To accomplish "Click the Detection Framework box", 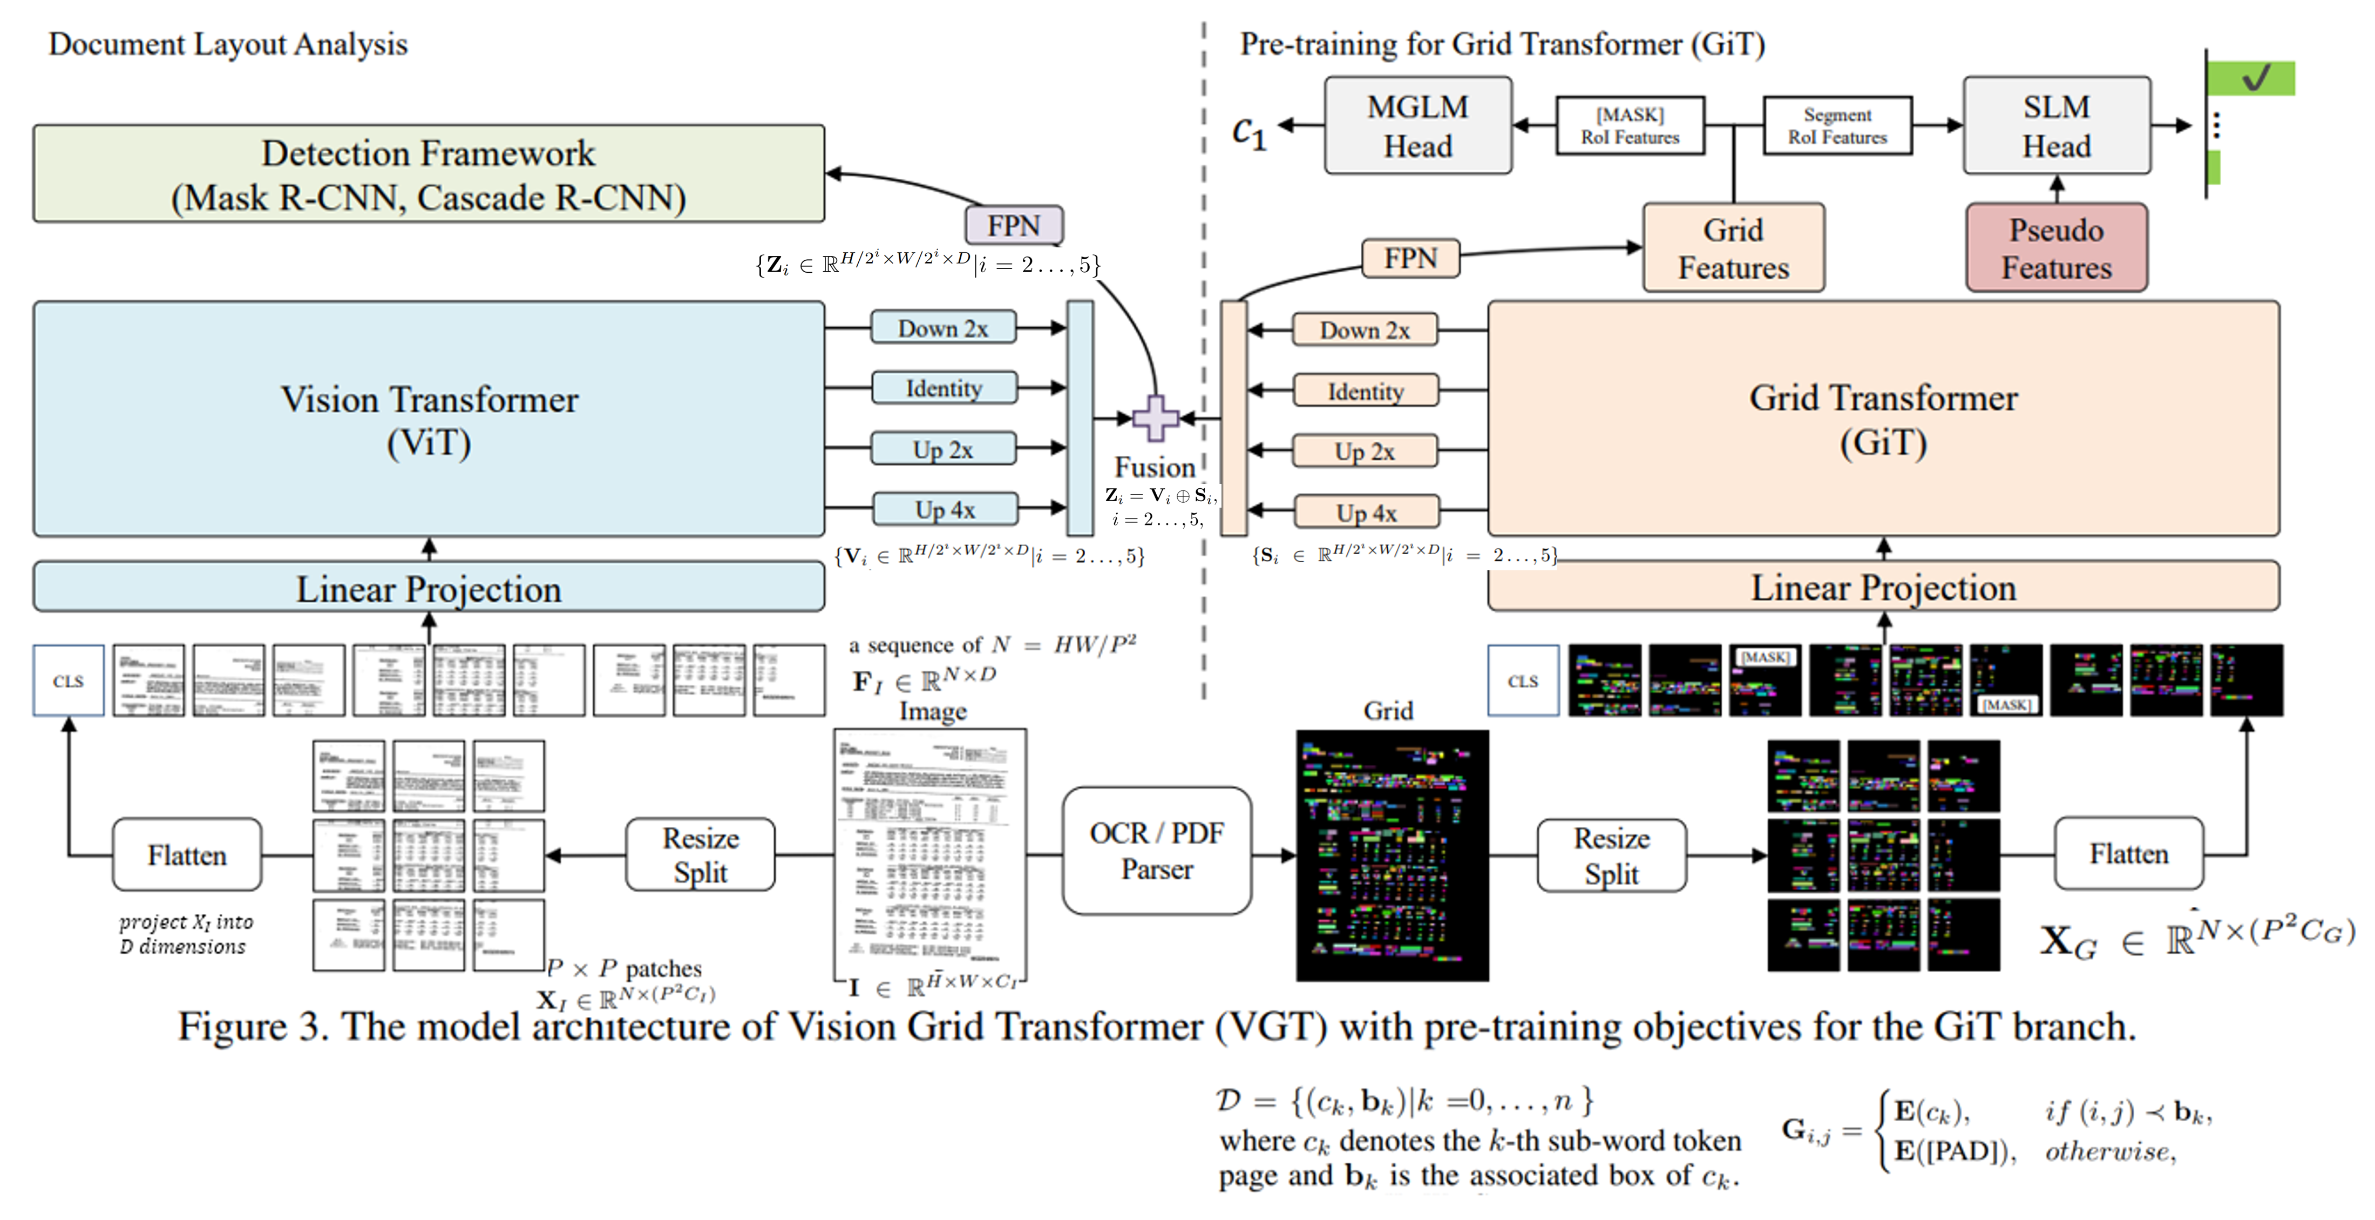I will (429, 174).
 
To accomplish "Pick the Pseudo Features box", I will (2057, 248).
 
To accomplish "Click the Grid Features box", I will (1733, 248).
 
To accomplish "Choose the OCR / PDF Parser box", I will (1157, 850).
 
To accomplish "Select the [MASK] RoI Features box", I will (1630, 125).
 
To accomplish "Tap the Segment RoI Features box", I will (1837, 125).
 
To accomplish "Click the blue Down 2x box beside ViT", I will (943, 328).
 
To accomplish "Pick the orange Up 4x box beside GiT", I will (1366, 512).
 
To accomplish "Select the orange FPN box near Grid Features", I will (1410, 258).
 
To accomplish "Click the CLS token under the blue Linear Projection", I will (68, 680).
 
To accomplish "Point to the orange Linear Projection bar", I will (1884, 588).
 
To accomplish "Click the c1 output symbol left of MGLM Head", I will (1249, 132).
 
